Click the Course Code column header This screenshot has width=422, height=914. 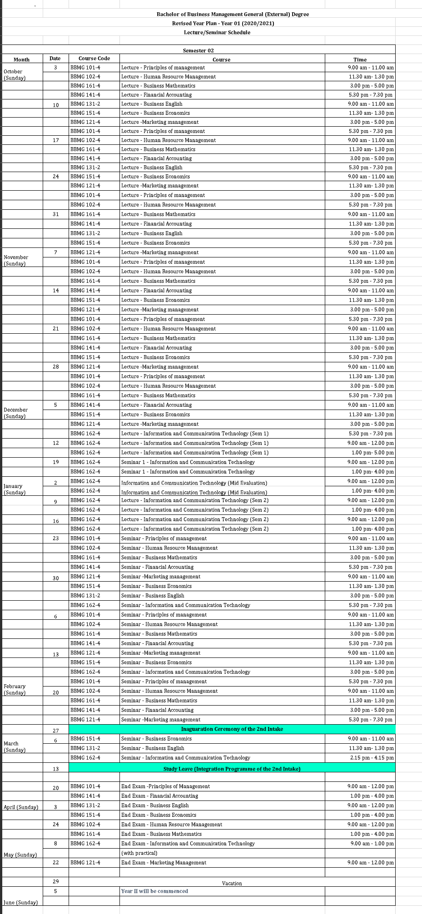[94, 59]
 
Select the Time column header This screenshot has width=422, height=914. [360, 59]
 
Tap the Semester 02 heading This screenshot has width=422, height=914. [198, 50]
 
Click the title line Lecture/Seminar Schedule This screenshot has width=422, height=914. [217, 32]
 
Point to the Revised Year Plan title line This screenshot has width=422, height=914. [223, 23]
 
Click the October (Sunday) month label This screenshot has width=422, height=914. [15, 74]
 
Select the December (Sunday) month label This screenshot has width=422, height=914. [15, 413]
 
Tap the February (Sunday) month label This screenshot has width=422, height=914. [15, 689]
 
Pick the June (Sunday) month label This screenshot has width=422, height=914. [20, 902]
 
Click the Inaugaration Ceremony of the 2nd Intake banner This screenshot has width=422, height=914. [232, 729]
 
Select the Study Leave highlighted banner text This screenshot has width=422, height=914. [232, 769]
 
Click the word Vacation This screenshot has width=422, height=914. [232, 883]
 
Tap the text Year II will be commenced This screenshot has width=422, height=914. [154, 891]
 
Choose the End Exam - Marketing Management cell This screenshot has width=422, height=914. [164, 862]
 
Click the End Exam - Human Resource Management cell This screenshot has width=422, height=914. [171, 824]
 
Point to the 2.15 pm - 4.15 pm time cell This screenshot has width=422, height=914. [372, 757]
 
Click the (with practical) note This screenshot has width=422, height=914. [139, 853]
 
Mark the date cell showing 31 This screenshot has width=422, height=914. [55, 214]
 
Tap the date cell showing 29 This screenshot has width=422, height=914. [55, 881]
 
